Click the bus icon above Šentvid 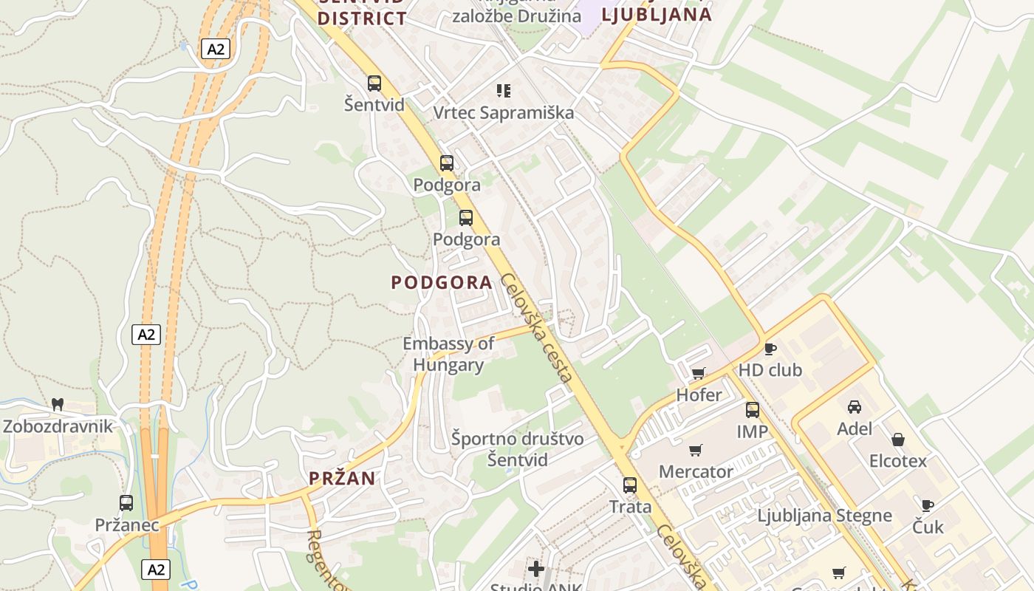coord(374,83)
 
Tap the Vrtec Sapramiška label coord(503,113)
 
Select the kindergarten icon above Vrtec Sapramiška coord(504,91)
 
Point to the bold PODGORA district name coord(442,282)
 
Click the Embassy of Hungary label coord(448,354)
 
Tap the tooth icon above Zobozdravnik coord(58,405)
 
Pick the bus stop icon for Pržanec coord(126,503)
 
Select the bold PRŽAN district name coord(342,478)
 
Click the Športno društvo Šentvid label coord(518,449)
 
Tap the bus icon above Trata coord(630,485)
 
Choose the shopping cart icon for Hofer coord(699,373)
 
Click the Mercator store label coord(696,471)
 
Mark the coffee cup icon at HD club coord(770,349)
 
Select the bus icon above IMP coord(752,409)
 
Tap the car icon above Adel coord(855,406)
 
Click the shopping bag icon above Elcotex coord(898,440)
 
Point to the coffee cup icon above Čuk coord(928,505)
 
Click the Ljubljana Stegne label coord(824,516)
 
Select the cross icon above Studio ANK coord(536,569)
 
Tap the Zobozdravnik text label coord(58,426)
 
